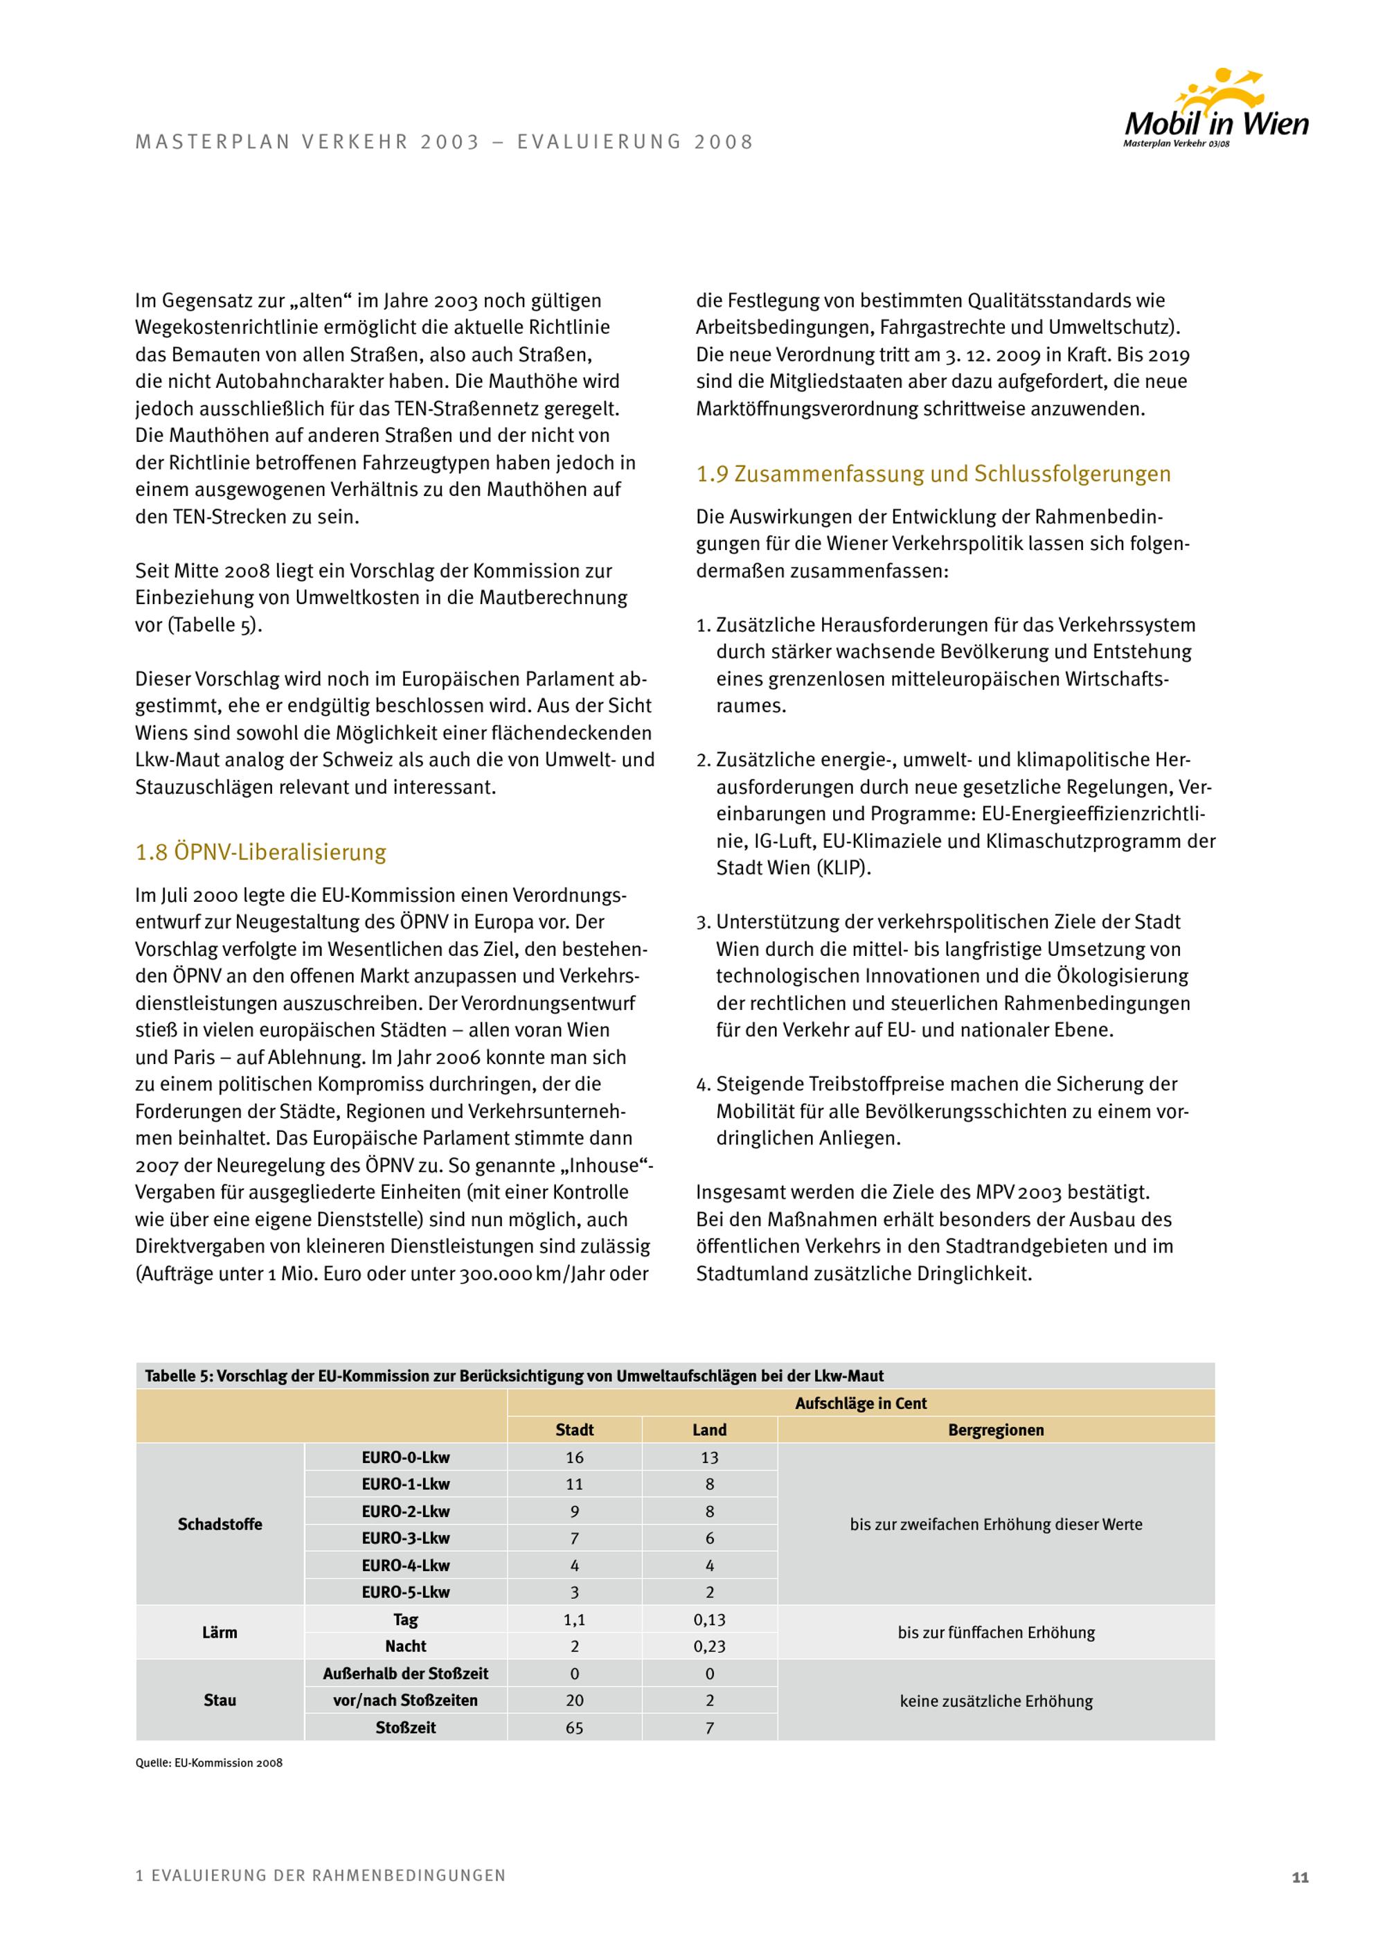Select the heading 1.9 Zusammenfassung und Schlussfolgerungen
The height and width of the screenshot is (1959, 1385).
933,475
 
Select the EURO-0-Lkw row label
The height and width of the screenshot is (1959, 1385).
405,1457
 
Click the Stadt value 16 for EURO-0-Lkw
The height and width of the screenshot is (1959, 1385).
574,1457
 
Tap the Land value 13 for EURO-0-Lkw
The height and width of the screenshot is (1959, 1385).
710,1457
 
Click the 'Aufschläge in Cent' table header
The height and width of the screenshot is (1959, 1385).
861,1403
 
